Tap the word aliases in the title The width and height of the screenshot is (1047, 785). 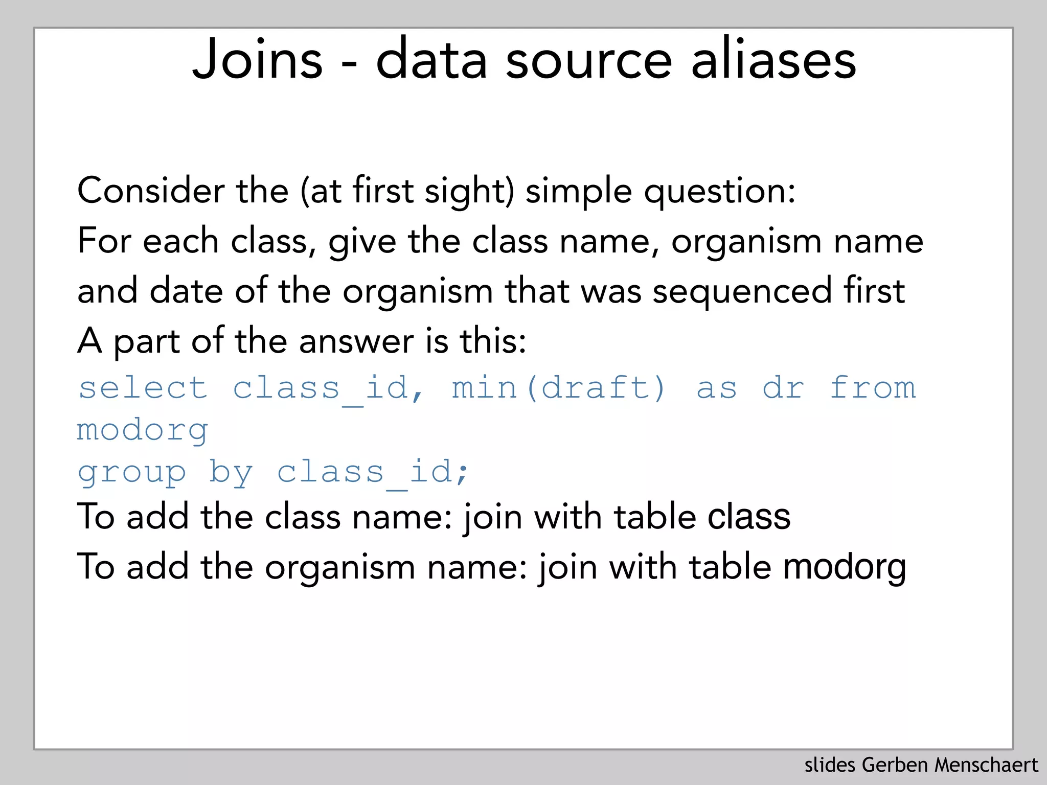[773, 60]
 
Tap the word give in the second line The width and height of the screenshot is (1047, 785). [362, 242]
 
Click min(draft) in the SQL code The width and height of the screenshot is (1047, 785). [559, 388]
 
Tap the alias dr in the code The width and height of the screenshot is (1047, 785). [783, 388]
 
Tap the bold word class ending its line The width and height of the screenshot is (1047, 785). [749, 517]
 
